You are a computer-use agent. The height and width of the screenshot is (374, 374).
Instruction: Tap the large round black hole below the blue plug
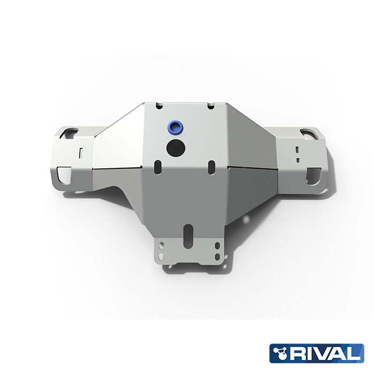click(x=174, y=147)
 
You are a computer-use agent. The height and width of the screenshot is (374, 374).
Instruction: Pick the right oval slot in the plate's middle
click(x=211, y=165)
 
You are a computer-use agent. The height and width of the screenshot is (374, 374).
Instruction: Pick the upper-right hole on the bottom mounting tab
click(x=216, y=245)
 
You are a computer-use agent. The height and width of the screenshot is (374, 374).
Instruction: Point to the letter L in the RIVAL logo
click(x=356, y=353)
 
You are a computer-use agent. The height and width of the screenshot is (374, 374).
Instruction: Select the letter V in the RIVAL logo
click(x=328, y=353)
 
